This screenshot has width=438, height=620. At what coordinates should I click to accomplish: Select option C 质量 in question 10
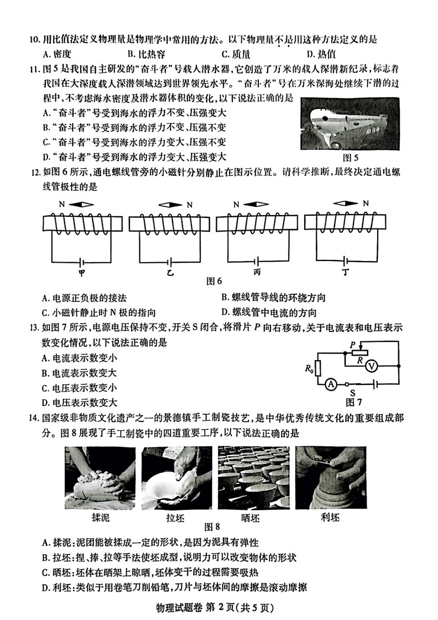[x=236, y=54]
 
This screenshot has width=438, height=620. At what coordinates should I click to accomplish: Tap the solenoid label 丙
[x=257, y=273]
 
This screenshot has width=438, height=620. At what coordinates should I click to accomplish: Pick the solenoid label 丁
[x=346, y=273]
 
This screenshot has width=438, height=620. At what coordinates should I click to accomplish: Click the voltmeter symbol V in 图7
[x=373, y=364]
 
